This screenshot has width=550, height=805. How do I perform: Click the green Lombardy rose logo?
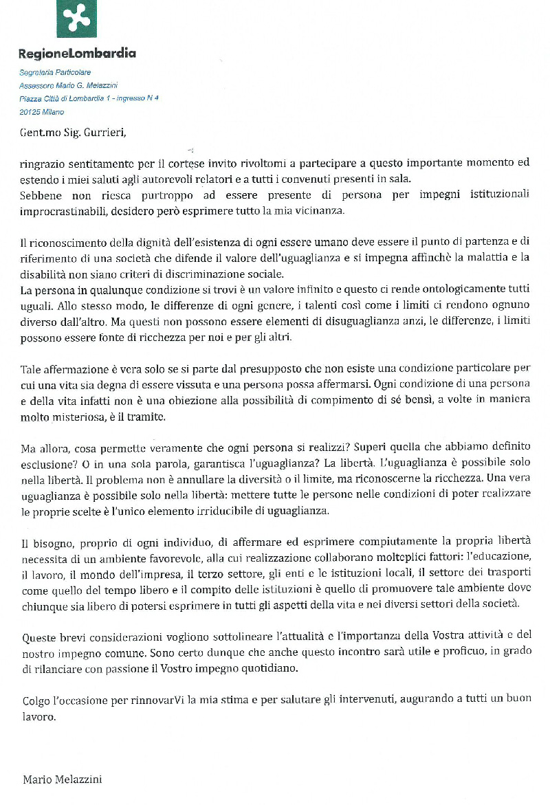click(x=76, y=19)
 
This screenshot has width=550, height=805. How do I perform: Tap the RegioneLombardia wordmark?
click(x=77, y=54)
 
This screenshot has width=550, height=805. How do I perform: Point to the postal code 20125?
click(x=30, y=111)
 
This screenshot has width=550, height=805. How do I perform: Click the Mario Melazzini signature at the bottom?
click(x=63, y=780)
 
